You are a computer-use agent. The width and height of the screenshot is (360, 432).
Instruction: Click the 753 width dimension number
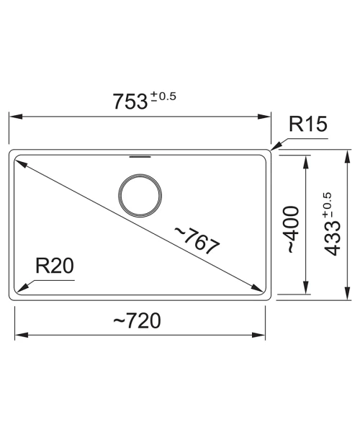coord(130,102)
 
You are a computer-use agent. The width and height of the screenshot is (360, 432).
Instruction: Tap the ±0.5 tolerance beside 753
coord(163,96)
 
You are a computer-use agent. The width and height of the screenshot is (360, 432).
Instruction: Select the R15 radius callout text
coord(308,124)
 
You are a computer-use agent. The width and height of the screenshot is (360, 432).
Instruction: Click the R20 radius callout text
coord(55,266)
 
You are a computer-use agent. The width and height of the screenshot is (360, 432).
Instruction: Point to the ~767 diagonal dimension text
coord(197,240)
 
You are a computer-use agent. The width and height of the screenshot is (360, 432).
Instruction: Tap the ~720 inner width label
coord(137,320)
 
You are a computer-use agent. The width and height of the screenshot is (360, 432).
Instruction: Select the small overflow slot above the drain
coord(140,157)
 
